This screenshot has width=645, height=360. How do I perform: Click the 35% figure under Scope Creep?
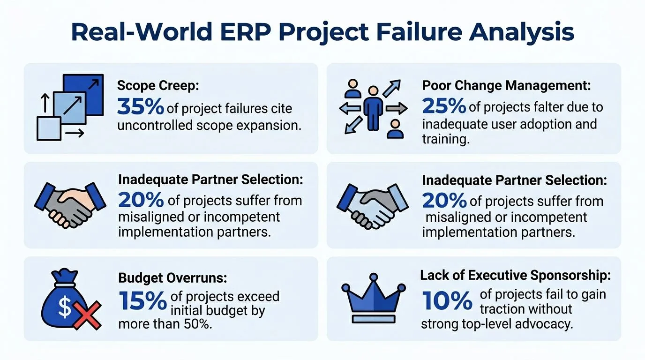pos(140,107)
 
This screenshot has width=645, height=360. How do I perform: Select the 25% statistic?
pos(444,106)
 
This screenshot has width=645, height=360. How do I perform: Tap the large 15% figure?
pos(142,300)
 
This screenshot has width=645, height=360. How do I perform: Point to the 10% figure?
pos(447,300)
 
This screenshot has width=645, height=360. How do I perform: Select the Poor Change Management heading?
pos(507,86)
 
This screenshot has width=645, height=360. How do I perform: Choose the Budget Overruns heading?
pos(172,278)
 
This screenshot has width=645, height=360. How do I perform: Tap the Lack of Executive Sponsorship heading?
pos(516,275)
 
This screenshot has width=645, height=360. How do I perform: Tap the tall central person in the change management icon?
pos(373,108)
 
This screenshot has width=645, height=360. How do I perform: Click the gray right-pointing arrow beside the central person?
pos(396,109)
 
